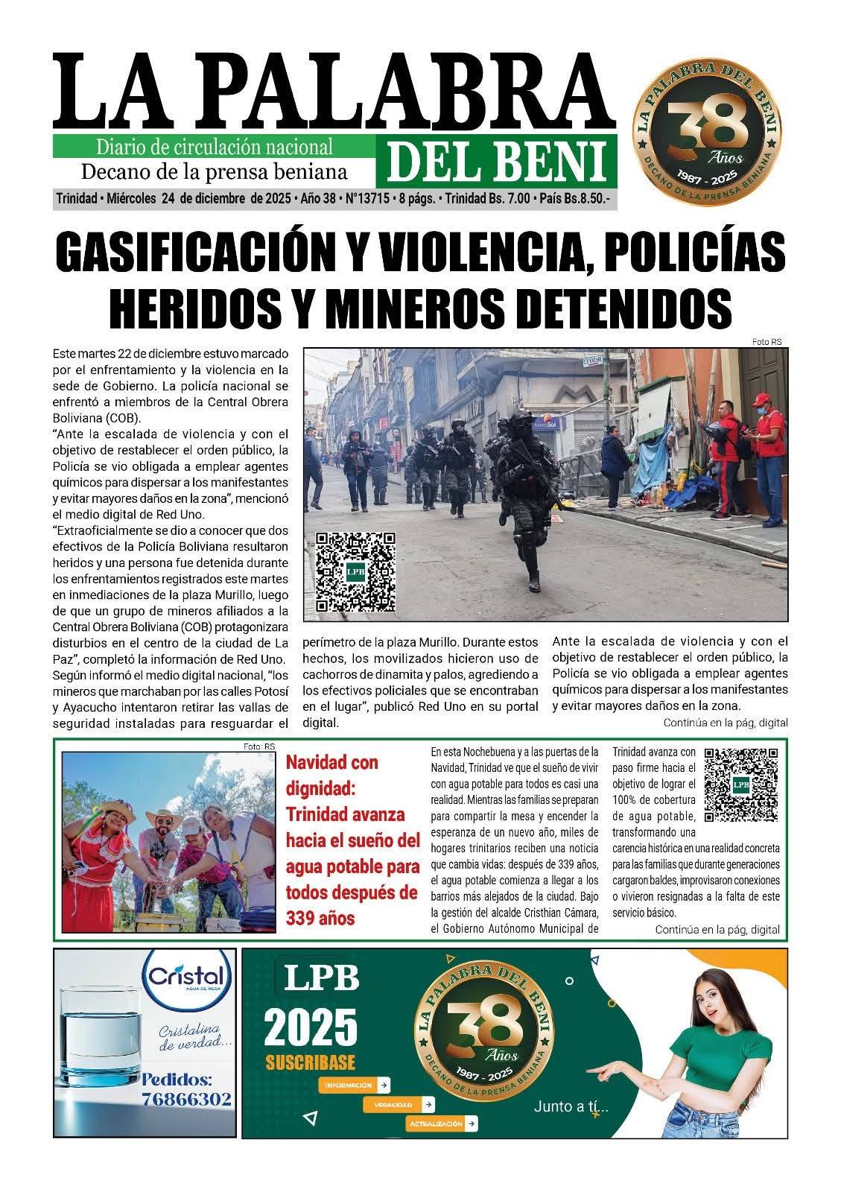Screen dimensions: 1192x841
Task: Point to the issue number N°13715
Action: pyautogui.click(x=367, y=199)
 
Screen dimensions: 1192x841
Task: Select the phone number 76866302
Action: pyautogui.click(x=186, y=1099)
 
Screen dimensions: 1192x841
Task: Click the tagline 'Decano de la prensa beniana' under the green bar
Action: pyautogui.click(x=213, y=172)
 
